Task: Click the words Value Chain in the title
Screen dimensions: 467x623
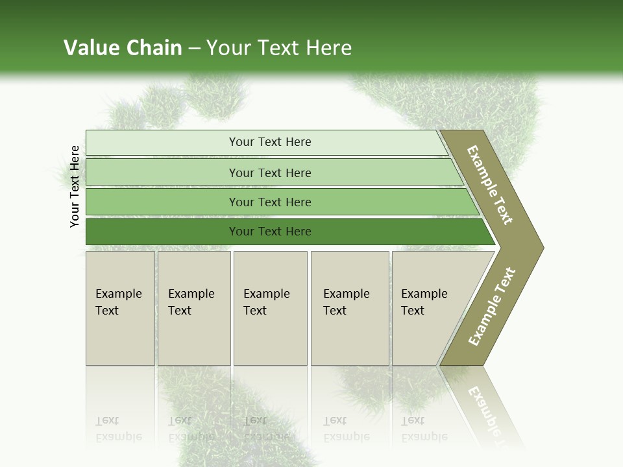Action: click(x=123, y=48)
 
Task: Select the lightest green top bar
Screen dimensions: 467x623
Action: click(x=162, y=143)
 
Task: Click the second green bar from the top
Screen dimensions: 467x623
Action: click(x=162, y=173)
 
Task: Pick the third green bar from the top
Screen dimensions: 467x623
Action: click(x=162, y=202)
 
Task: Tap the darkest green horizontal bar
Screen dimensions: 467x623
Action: click(x=162, y=232)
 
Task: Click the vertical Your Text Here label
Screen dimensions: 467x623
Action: click(x=75, y=187)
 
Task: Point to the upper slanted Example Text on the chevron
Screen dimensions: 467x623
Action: click(x=490, y=185)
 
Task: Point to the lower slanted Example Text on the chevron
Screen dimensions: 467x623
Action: click(x=491, y=306)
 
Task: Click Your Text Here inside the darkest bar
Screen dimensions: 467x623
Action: click(x=270, y=232)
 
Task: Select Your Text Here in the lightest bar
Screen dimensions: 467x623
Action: click(x=270, y=142)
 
